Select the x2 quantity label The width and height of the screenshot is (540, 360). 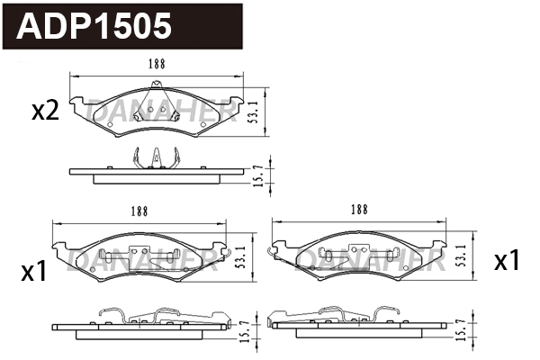[45, 111]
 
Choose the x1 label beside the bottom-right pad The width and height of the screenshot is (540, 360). [508, 261]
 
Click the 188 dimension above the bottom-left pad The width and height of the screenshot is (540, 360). [139, 211]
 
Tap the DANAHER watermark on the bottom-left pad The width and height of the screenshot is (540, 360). [139, 261]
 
